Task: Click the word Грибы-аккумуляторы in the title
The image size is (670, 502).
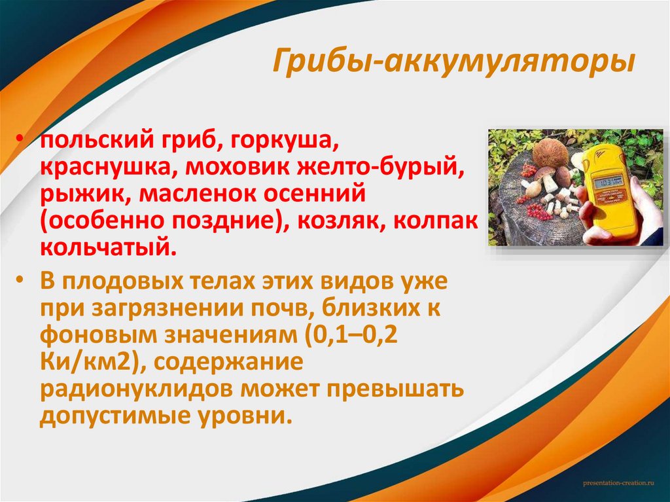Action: click(453, 63)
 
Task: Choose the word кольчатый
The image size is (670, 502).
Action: click(108, 247)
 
